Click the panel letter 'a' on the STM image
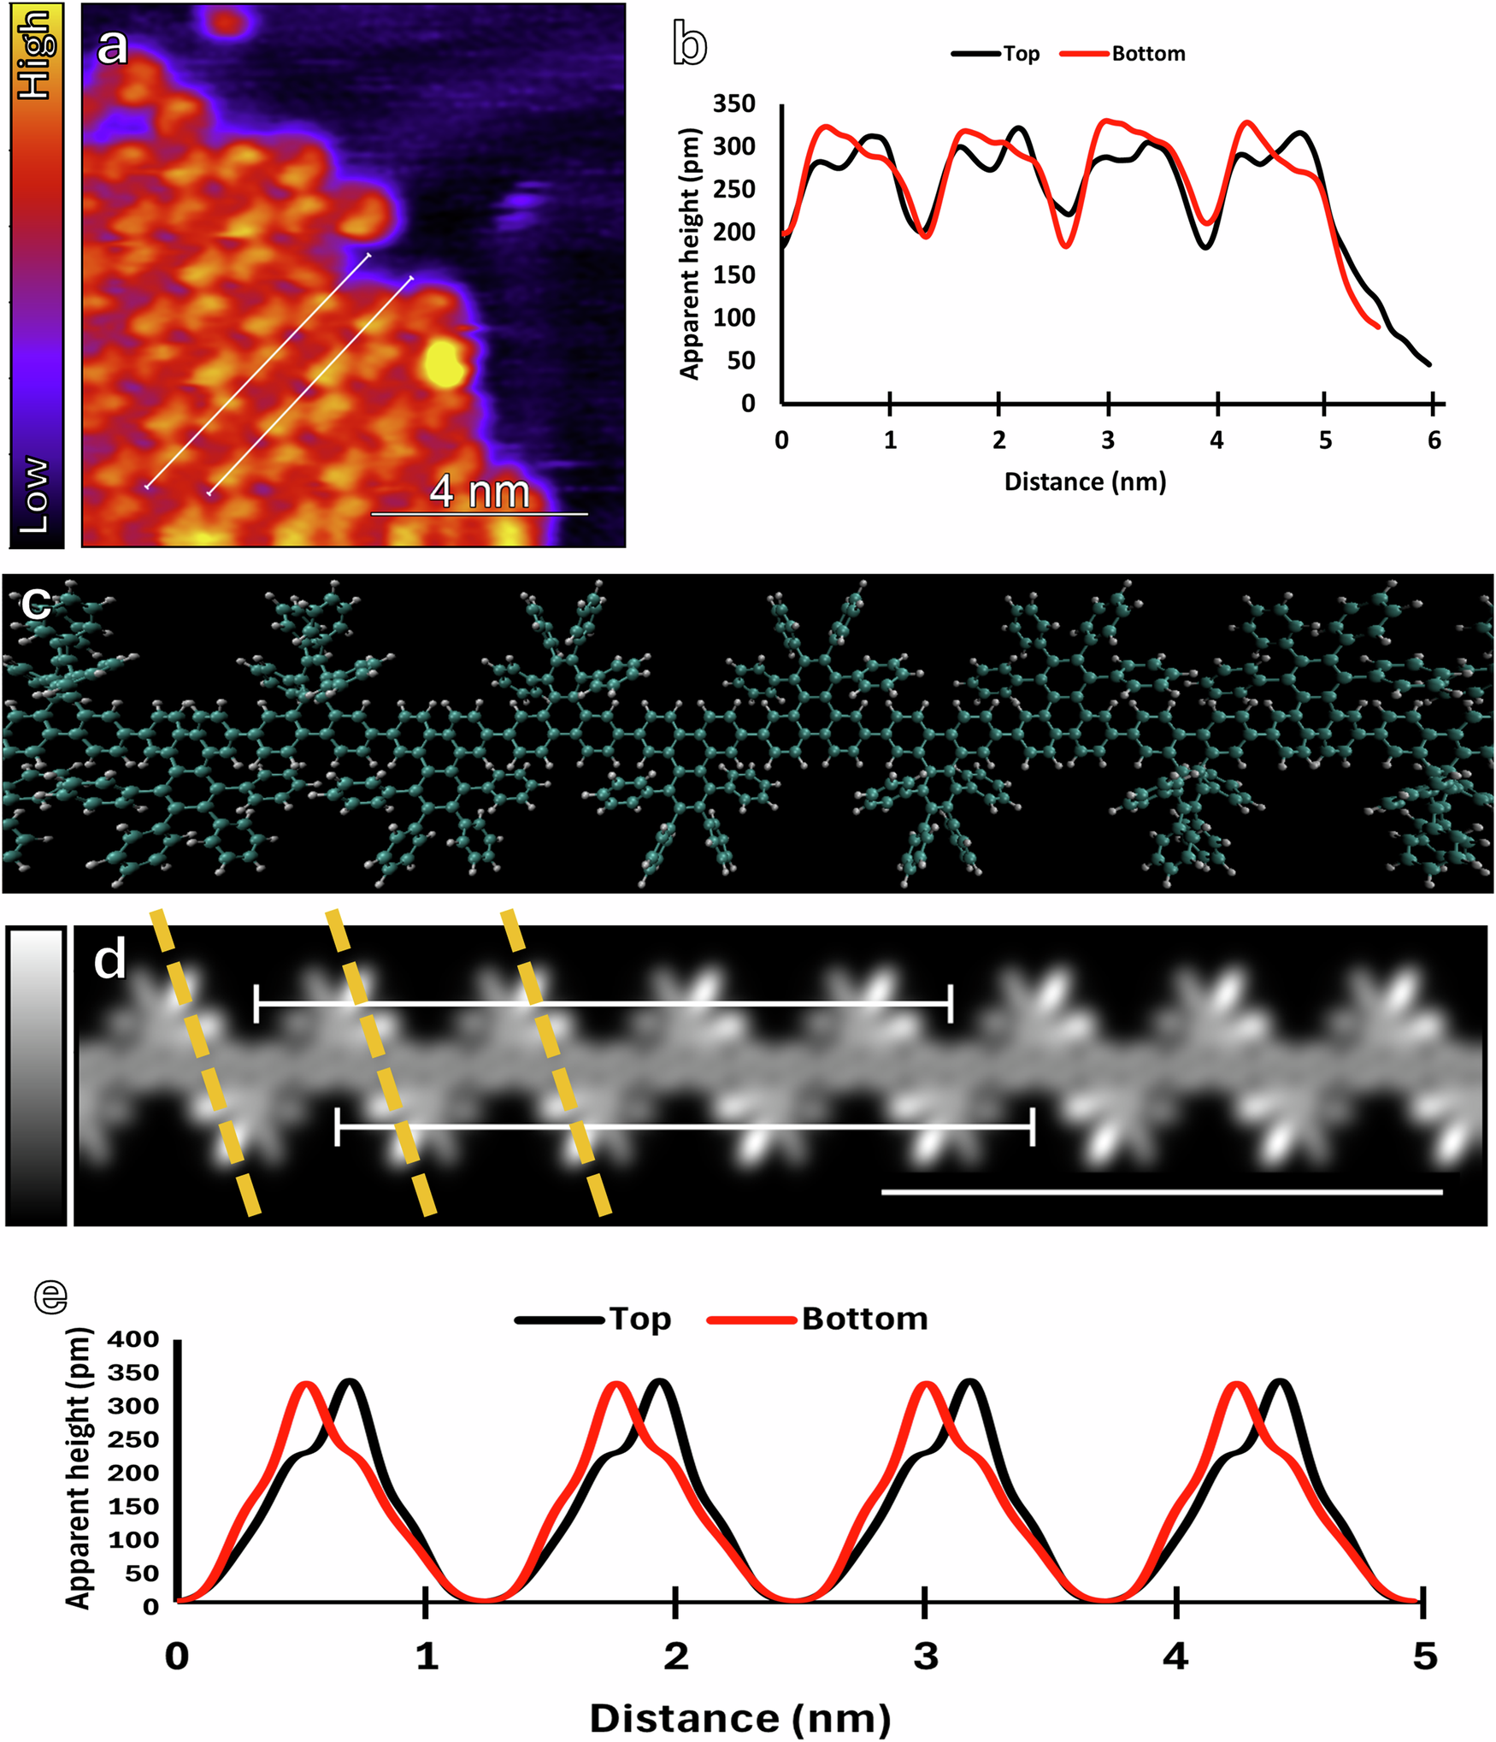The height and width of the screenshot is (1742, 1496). (x=111, y=47)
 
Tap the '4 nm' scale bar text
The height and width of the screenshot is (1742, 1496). (x=479, y=492)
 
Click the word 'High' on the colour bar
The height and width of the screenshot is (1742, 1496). (x=36, y=53)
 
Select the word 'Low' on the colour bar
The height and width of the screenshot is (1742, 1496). (x=36, y=494)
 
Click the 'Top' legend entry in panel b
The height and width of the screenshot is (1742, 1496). (x=1021, y=54)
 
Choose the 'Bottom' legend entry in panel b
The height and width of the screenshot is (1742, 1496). (x=1148, y=54)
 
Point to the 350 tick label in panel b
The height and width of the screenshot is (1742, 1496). (x=733, y=104)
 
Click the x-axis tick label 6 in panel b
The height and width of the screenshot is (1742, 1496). (x=1434, y=440)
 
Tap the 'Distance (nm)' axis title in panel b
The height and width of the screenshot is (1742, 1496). (x=1084, y=482)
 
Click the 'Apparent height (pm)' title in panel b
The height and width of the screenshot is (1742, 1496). (x=689, y=253)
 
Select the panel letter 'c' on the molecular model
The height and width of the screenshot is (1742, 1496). (x=36, y=603)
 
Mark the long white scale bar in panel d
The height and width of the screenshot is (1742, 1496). (x=1161, y=1191)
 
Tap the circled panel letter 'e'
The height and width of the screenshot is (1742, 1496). (x=50, y=1296)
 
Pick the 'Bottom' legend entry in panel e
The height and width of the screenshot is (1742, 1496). (x=863, y=1319)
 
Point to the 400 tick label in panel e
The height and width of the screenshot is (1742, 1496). (x=133, y=1339)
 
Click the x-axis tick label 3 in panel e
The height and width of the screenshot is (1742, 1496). (x=925, y=1656)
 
